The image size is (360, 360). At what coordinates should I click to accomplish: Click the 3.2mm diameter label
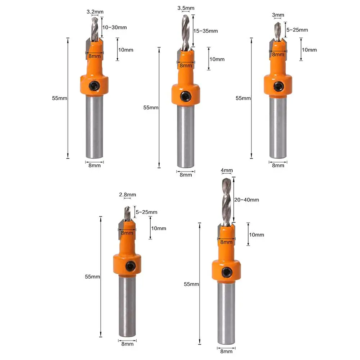tap(95, 12)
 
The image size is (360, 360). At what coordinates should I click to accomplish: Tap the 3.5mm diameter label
tap(186, 8)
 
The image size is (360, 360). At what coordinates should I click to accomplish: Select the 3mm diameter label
tap(278, 15)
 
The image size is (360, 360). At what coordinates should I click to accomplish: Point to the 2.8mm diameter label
tap(127, 195)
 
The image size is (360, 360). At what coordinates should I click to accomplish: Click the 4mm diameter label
tap(227, 170)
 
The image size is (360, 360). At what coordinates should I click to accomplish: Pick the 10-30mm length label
tap(115, 27)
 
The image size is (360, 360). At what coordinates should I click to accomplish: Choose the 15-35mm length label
tap(205, 31)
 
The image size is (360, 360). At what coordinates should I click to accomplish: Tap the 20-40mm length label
tap(247, 200)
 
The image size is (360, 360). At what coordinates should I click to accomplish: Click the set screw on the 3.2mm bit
tap(94, 86)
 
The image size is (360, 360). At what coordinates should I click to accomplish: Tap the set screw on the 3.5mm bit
tap(185, 96)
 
